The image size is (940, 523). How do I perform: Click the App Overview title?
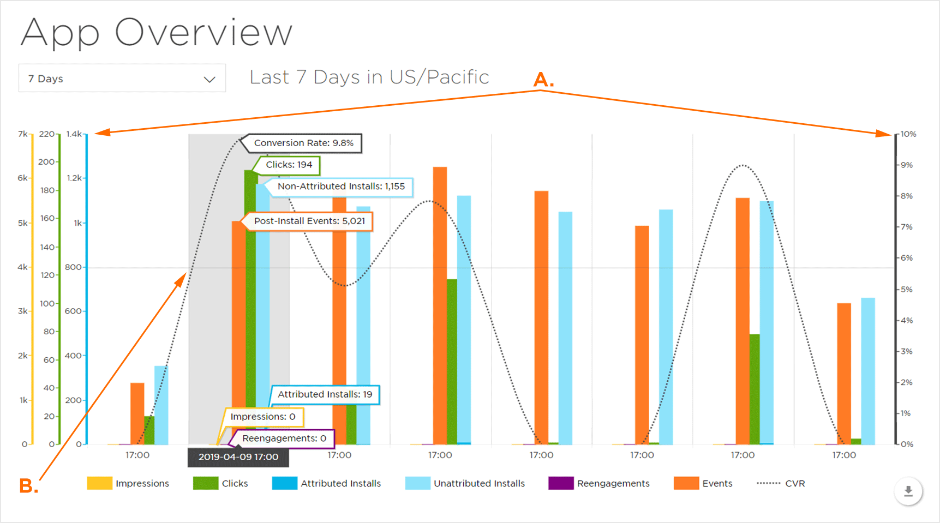click(x=157, y=33)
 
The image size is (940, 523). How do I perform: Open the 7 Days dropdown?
click(x=122, y=79)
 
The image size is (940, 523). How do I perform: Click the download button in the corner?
click(x=908, y=491)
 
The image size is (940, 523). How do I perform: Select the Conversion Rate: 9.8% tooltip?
click(x=303, y=143)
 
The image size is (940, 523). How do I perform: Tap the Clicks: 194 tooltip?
click(x=289, y=165)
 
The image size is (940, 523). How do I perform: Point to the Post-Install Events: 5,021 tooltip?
click(x=309, y=221)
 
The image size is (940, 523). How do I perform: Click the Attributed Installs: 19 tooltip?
click(x=325, y=395)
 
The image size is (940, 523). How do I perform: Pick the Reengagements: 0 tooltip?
click(x=284, y=438)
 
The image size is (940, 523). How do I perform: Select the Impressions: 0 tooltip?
click(x=262, y=417)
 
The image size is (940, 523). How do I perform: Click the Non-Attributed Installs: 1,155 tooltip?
click(x=341, y=187)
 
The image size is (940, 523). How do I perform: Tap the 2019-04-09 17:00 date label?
click(x=238, y=457)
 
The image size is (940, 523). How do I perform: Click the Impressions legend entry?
click(x=128, y=484)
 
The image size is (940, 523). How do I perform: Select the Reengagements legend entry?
click(x=599, y=484)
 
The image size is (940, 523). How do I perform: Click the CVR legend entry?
click(x=781, y=484)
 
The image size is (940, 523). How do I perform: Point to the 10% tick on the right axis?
click(x=908, y=134)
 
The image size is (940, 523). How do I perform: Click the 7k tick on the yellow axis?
click(x=22, y=134)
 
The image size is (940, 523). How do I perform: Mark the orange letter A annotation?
click(x=543, y=80)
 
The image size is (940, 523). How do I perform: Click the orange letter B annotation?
click(x=28, y=486)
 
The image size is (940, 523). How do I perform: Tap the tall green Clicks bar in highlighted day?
click(x=251, y=305)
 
